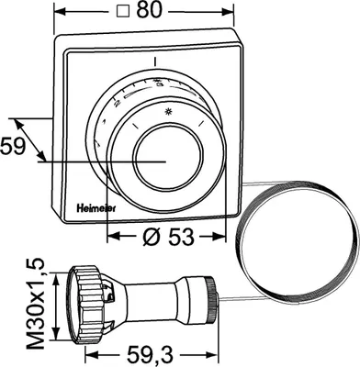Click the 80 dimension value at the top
[149, 10]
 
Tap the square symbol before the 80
[122, 12]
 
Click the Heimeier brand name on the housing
[96, 208]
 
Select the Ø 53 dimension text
[168, 237]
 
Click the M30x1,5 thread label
[35, 305]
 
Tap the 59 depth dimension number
[12, 146]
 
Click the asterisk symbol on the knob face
[167, 112]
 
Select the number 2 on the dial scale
[117, 104]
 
